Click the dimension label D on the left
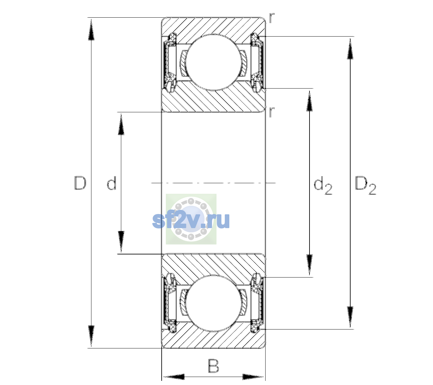(x=80, y=183)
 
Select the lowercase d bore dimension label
(x=112, y=183)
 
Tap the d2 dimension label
(x=323, y=185)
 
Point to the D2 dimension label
(x=365, y=185)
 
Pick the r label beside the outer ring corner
(x=272, y=18)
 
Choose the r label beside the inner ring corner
(x=272, y=112)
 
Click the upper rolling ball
(x=214, y=62)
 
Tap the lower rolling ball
(x=214, y=304)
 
